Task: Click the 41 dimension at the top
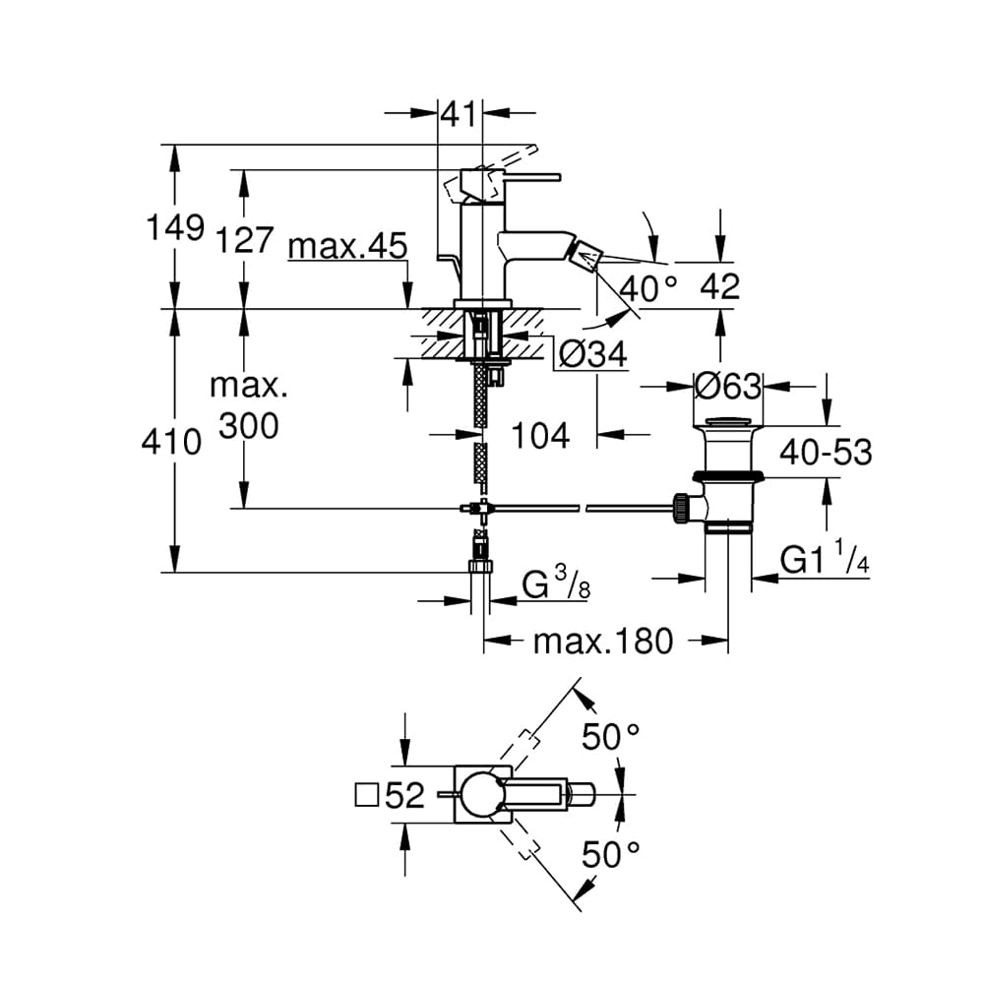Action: pyautogui.click(x=460, y=115)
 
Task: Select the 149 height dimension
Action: pyautogui.click(x=175, y=227)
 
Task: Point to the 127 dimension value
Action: pyautogui.click(x=245, y=240)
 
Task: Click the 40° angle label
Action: pyautogui.click(x=648, y=288)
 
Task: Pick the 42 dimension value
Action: pyautogui.click(x=720, y=287)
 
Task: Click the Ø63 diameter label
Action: pyautogui.click(x=728, y=386)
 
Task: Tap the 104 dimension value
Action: pyautogui.click(x=541, y=436)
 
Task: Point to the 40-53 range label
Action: pyautogui.click(x=826, y=452)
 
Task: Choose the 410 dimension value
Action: pyautogui.click(x=170, y=443)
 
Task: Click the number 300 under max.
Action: pyautogui.click(x=249, y=427)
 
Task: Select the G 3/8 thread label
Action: pyautogui.click(x=556, y=586)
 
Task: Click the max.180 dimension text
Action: pyautogui.click(x=603, y=642)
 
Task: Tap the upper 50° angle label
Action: pyautogui.click(x=611, y=736)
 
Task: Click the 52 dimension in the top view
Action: pyautogui.click(x=404, y=795)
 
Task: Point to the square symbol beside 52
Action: pyautogui.click(x=367, y=796)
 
